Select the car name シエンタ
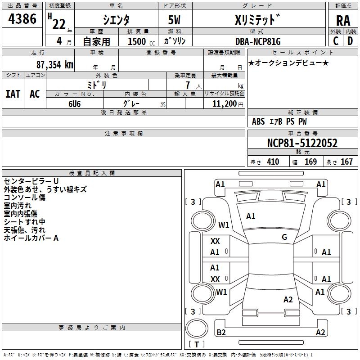[x=116, y=19]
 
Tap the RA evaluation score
[x=343, y=21]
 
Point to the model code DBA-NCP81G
[x=258, y=41]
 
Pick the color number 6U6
[x=75, y=103]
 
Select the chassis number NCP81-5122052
[x=302, y=144]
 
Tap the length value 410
[x=273, y=162]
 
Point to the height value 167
[x=346, y=162]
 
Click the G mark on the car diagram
[x=284, y=237]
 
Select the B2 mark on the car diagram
[x=221, y=333]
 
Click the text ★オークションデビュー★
[x=288, y=63]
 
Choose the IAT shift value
[x=13, y=94]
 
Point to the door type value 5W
[x=175, y=19]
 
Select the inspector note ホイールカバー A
[x=31, y=238]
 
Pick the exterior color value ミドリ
[x=97, y=85]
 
